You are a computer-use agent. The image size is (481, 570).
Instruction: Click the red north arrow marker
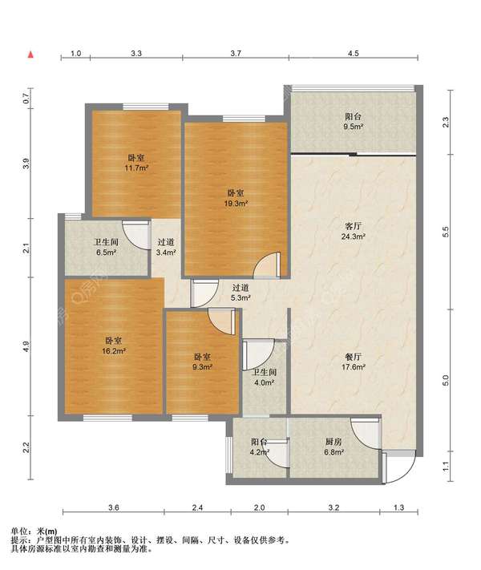tap(31, 55)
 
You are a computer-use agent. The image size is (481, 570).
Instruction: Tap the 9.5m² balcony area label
tap(353, 122)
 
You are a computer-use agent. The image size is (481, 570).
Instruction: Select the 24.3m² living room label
tap(353, 231)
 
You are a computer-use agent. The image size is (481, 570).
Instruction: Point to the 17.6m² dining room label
tap(353, 362)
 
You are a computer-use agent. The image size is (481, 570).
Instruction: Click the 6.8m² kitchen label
tap(333, 447)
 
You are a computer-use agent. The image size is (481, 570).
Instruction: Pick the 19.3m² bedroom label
tap(236, 198)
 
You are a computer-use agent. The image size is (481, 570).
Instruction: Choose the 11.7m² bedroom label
tap(136, 163)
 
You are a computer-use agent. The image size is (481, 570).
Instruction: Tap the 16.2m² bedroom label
tap(114, 346)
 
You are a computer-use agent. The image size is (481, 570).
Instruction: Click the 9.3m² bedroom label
tap(202, 362)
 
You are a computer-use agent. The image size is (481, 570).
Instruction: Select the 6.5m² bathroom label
tap(106, 247)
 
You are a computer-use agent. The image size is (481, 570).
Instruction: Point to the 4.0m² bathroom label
tap(265, 378)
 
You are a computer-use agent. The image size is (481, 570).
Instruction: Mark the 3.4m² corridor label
tap(166, 247)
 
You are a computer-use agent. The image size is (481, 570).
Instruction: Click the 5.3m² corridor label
tap(240, 293)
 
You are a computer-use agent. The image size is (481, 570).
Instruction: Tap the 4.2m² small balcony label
tap(259, 447)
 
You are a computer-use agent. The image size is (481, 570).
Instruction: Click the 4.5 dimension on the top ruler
tap(353, 54)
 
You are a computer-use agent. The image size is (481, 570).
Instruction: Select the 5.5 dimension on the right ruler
tap(446, 232)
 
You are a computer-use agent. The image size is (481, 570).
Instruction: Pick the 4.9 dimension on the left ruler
tap(26, 346)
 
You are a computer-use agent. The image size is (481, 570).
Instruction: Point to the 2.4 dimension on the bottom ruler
tap(197, 507)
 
